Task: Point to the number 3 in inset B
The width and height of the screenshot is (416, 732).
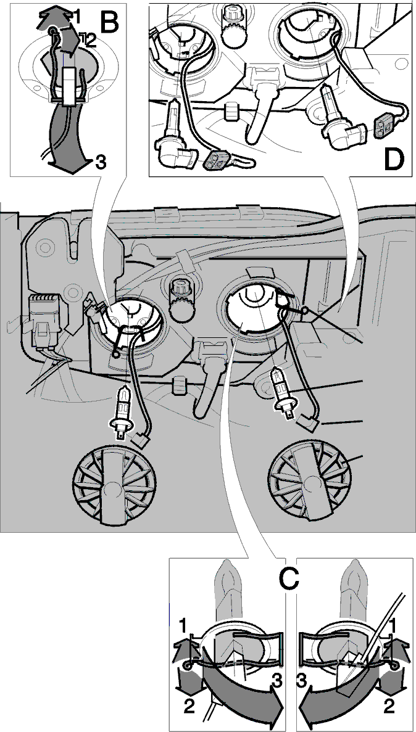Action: pyautogui.click(x=100, y=162)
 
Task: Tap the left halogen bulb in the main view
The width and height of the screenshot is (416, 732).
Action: pyautogui.click(x=120, y=409)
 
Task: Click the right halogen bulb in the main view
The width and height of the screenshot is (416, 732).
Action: pyautogui.click(x=281, y=387)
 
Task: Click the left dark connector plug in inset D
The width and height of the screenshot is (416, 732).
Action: pyautogui.click(x=217, y=162)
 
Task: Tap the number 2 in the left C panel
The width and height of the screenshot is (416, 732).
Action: pyautogui.click(x=189, y=707)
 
